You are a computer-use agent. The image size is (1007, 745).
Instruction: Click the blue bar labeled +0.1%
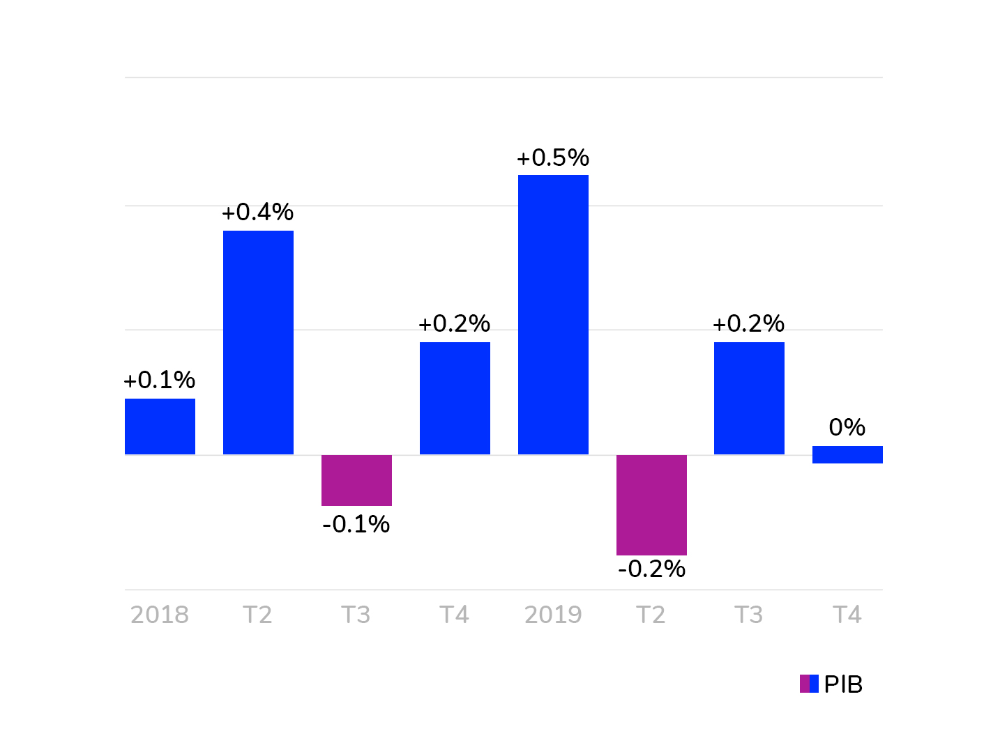(160, 427)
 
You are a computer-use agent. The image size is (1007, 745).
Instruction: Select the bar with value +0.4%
(258, 342)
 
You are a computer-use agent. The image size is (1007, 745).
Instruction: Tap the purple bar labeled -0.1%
(356, 480)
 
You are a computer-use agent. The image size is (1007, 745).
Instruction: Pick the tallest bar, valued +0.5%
(553, 314)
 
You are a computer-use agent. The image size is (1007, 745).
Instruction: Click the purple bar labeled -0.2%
(651, 505)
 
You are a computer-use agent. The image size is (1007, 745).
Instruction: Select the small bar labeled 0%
(847, 454)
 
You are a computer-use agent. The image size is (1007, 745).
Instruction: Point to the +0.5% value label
(553, 158)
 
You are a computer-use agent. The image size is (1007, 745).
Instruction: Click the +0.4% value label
(258, 212)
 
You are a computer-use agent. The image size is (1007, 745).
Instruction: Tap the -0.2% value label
(651, 569)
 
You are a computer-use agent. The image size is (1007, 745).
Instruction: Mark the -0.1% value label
(356, 524)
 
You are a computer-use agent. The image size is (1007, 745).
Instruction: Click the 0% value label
(847, 427)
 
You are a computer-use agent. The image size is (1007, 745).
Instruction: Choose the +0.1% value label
(160, 380)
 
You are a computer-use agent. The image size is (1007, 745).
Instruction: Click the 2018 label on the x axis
(160, 615)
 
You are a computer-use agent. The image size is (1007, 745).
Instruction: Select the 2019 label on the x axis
(553, 615)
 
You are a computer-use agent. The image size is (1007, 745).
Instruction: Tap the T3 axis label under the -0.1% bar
(356, 615)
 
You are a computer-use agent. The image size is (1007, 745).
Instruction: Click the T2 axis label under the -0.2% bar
(651, 615)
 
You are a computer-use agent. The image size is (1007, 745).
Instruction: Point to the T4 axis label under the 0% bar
(847, 615)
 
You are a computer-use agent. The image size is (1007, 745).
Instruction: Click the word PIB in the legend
(843, 684)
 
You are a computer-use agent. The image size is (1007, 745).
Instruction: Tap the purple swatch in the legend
(804, 684)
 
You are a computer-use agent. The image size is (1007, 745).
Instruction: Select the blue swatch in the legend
(814, 684)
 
